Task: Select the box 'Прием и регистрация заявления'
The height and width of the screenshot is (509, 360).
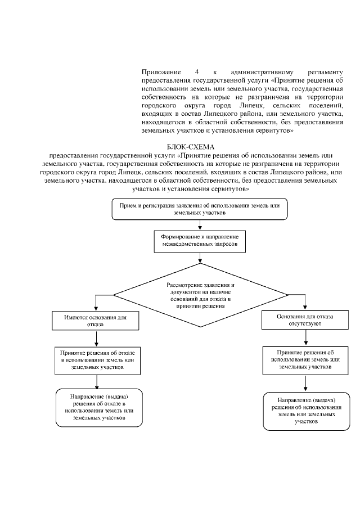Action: click(x=200, y=209)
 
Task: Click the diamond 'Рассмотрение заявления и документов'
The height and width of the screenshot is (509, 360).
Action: click(x=200, y=294)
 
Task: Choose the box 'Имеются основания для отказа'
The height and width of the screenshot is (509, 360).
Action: click(x=97, y=321)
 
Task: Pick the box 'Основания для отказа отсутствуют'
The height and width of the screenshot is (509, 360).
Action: click(x=305, y=320)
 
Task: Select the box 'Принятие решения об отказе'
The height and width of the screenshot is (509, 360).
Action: click(x=97, y=358)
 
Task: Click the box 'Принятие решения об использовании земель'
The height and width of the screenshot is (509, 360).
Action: click(x=305, y=359)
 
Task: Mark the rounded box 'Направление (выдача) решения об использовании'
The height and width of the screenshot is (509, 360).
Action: click(x=305, y=411)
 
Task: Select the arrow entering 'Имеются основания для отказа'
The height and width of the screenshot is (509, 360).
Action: click(x=97, y=304)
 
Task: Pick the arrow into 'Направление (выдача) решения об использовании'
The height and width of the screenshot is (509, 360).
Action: click(x=305, y=384)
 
